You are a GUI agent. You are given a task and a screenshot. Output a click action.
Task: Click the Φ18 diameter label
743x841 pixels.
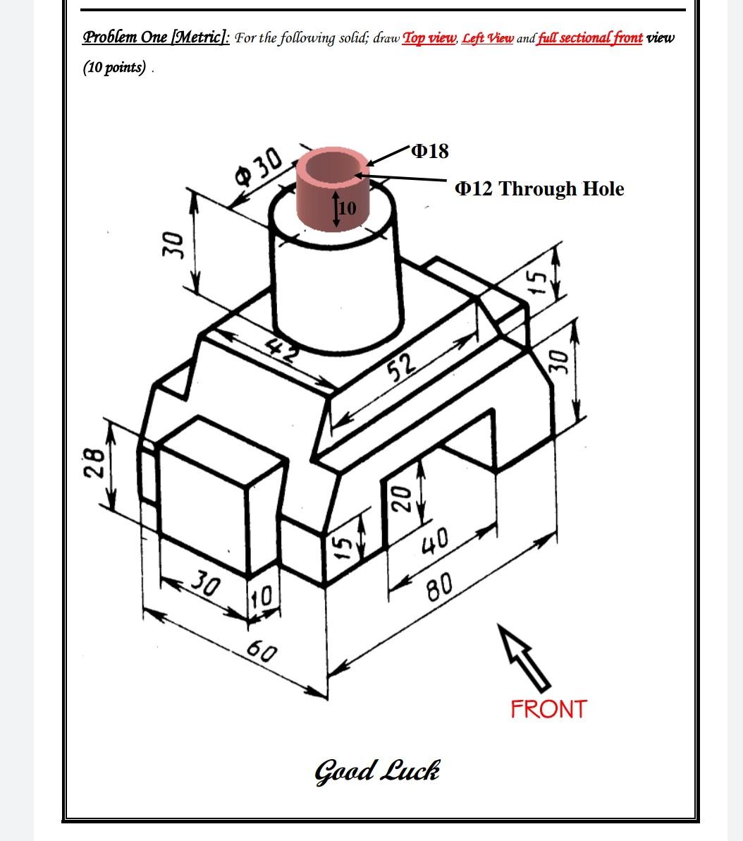[x=429, y=151]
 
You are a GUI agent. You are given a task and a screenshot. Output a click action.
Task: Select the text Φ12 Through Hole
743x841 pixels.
[x=539, y=189]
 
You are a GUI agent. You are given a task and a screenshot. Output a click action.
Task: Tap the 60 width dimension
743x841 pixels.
[x=262, y=651]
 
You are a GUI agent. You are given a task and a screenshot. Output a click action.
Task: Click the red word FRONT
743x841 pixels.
[x=548, y=709]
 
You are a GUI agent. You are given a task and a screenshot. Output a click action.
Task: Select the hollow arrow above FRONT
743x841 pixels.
[x=523, y=655]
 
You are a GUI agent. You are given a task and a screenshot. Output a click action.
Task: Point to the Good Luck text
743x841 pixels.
[x=377, y=770]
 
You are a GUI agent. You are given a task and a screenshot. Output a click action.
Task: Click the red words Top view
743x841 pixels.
[x=429, y=38]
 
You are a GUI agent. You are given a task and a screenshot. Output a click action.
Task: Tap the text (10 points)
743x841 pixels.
[x=115, y=68]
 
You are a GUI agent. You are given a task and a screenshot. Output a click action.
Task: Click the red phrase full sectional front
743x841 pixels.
[x=590, y=38]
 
